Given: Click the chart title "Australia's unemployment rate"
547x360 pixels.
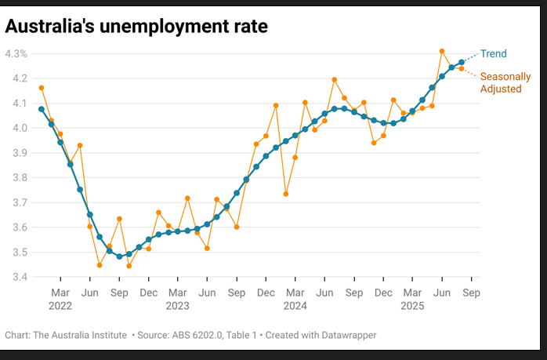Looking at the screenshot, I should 136,26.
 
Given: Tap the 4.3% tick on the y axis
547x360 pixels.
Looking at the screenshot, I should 16,54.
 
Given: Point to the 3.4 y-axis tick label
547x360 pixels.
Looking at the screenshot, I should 18,277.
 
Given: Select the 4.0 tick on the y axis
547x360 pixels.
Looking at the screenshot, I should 18,128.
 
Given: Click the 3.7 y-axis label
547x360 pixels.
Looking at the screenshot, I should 18,202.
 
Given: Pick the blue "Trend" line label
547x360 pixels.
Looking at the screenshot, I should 494,54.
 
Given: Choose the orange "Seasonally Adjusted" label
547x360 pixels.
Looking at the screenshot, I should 505,83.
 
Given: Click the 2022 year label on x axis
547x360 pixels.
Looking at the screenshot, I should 60,305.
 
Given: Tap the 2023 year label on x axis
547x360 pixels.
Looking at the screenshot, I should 177,305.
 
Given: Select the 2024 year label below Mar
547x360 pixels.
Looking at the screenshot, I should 295,305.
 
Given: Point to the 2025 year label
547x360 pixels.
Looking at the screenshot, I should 413,305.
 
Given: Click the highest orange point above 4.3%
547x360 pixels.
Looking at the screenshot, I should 442,51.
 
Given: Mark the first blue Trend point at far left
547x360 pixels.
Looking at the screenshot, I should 42,109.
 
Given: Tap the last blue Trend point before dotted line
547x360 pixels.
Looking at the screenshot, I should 462,62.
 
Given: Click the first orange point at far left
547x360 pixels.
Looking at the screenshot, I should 42,88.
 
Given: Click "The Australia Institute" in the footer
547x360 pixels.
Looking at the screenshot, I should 79,335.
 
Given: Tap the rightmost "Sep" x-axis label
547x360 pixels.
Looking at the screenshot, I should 471,292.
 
